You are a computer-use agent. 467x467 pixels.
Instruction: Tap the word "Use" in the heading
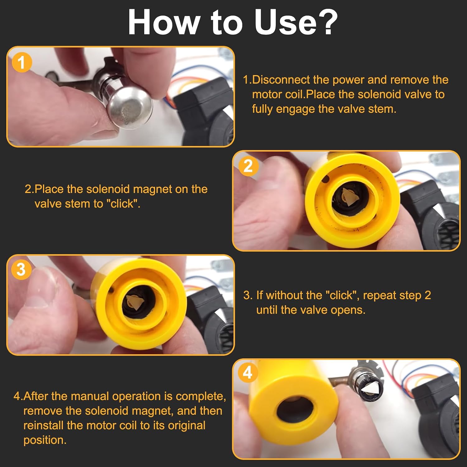[x=285, y=22]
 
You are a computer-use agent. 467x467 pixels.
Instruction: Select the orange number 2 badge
[x=248, y=166]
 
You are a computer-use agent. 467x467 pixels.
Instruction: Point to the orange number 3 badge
[x=21, y=270]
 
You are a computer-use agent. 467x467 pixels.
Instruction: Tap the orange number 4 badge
[x=248, y=372]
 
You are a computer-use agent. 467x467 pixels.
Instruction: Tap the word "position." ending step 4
[x=45, y=440]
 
